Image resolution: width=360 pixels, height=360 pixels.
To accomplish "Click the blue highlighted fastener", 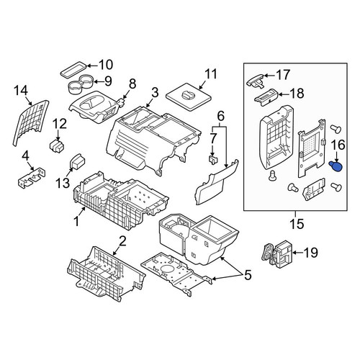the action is click(336, 166).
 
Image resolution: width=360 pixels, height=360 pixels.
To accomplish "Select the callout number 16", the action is click(338, 145).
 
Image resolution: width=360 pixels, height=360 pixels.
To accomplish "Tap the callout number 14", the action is click(21, 91).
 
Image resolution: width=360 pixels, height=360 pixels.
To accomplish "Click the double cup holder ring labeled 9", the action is click(81, 84).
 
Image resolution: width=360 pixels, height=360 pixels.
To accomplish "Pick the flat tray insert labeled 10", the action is click(73, 69).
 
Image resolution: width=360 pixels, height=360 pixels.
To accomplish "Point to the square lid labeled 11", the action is click(189, 96).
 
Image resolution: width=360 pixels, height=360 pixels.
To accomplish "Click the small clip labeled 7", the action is click(212, 159).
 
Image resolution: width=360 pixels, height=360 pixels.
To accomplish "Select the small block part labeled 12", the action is click(58, 145).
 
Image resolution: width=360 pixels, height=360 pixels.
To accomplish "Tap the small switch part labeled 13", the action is click(77, 161).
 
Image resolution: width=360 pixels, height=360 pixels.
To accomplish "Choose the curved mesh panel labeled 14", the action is click(30, 122).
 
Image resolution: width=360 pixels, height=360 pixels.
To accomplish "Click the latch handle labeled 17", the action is click(255, 81).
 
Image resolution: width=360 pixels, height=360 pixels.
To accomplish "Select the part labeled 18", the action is click(266, 97).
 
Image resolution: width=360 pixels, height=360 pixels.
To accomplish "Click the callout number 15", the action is click(297, 224).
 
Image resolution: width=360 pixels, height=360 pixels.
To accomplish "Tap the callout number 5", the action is click(248, 275).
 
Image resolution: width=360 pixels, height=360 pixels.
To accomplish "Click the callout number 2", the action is click(122, 241).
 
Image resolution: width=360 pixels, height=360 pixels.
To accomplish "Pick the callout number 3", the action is click(155, 92).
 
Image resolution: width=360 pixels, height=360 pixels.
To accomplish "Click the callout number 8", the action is click(132, 84).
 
